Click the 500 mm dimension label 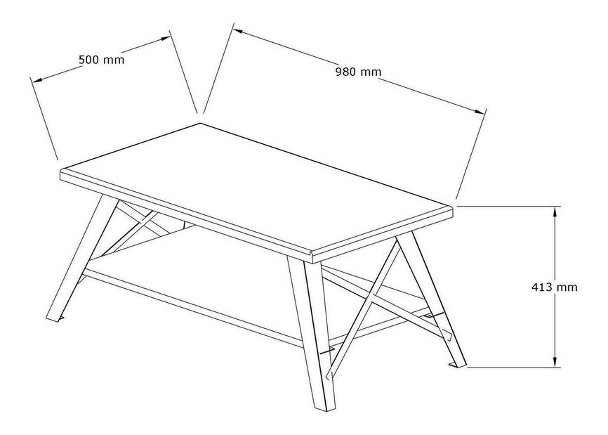pyautogui.click(x=102, y=60)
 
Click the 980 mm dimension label pyautogui.click(x=358, y=72)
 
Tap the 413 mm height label pyautogui.click(x=554, y=287)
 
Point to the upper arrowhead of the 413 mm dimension pyautogui.click(x=555, y=212)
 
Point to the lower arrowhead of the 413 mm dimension pyautogui.click(x=555, y=362)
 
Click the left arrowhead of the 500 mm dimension pyautogui.click(x=37, y=80)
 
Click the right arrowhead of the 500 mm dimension pyautogui.click(x=165, y=39)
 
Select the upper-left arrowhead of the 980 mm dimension pyautogui.click(x=238, y=32)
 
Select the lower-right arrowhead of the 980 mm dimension pyautogui.click(x=480, y=111)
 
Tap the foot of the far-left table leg pyautogui.click(x=54, y=318)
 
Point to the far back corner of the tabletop pyautogui.click(x=201, y=123)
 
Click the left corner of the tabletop pyautogui.click(x=61, y=171)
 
